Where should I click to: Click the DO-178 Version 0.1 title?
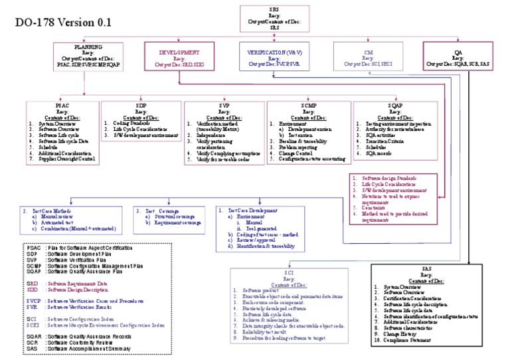point(63,22)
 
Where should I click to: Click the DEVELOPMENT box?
point(179,52)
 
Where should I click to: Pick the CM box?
point(369,52)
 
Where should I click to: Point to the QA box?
point(458,52)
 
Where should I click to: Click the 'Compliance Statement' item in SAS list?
point(409,341)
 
